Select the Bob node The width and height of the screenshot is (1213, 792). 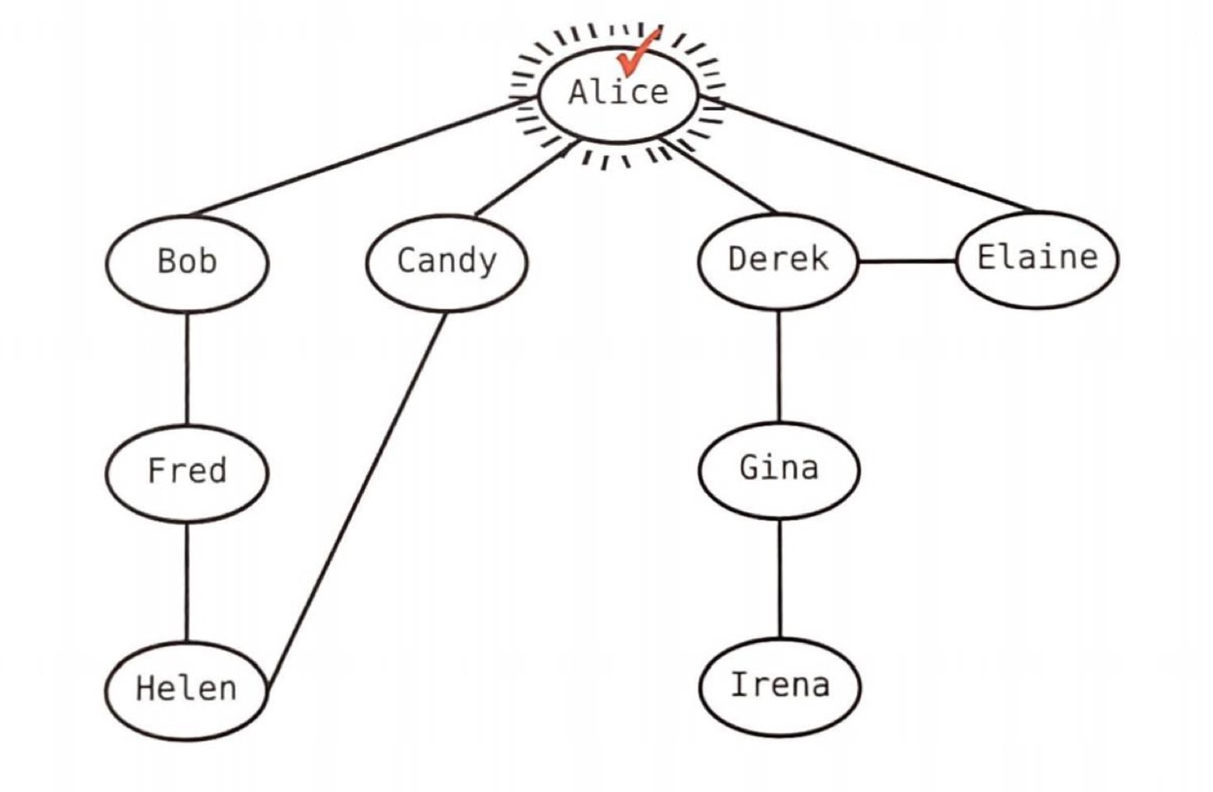(187, 262)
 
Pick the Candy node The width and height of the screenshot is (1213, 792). (446, 261)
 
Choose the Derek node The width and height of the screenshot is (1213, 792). (778, 260)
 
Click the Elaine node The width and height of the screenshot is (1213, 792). (1037, 258)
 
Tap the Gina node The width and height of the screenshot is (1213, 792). (779, 468)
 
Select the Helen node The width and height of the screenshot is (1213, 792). (186, 689)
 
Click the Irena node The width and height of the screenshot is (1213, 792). (780, 686)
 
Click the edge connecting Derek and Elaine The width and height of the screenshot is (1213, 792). (907, 261)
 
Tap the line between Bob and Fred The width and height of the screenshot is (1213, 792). (187, 367)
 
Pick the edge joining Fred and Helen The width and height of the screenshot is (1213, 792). (187, 581)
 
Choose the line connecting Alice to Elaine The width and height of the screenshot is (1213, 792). (876, 156)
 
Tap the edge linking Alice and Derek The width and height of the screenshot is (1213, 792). (724, 179)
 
